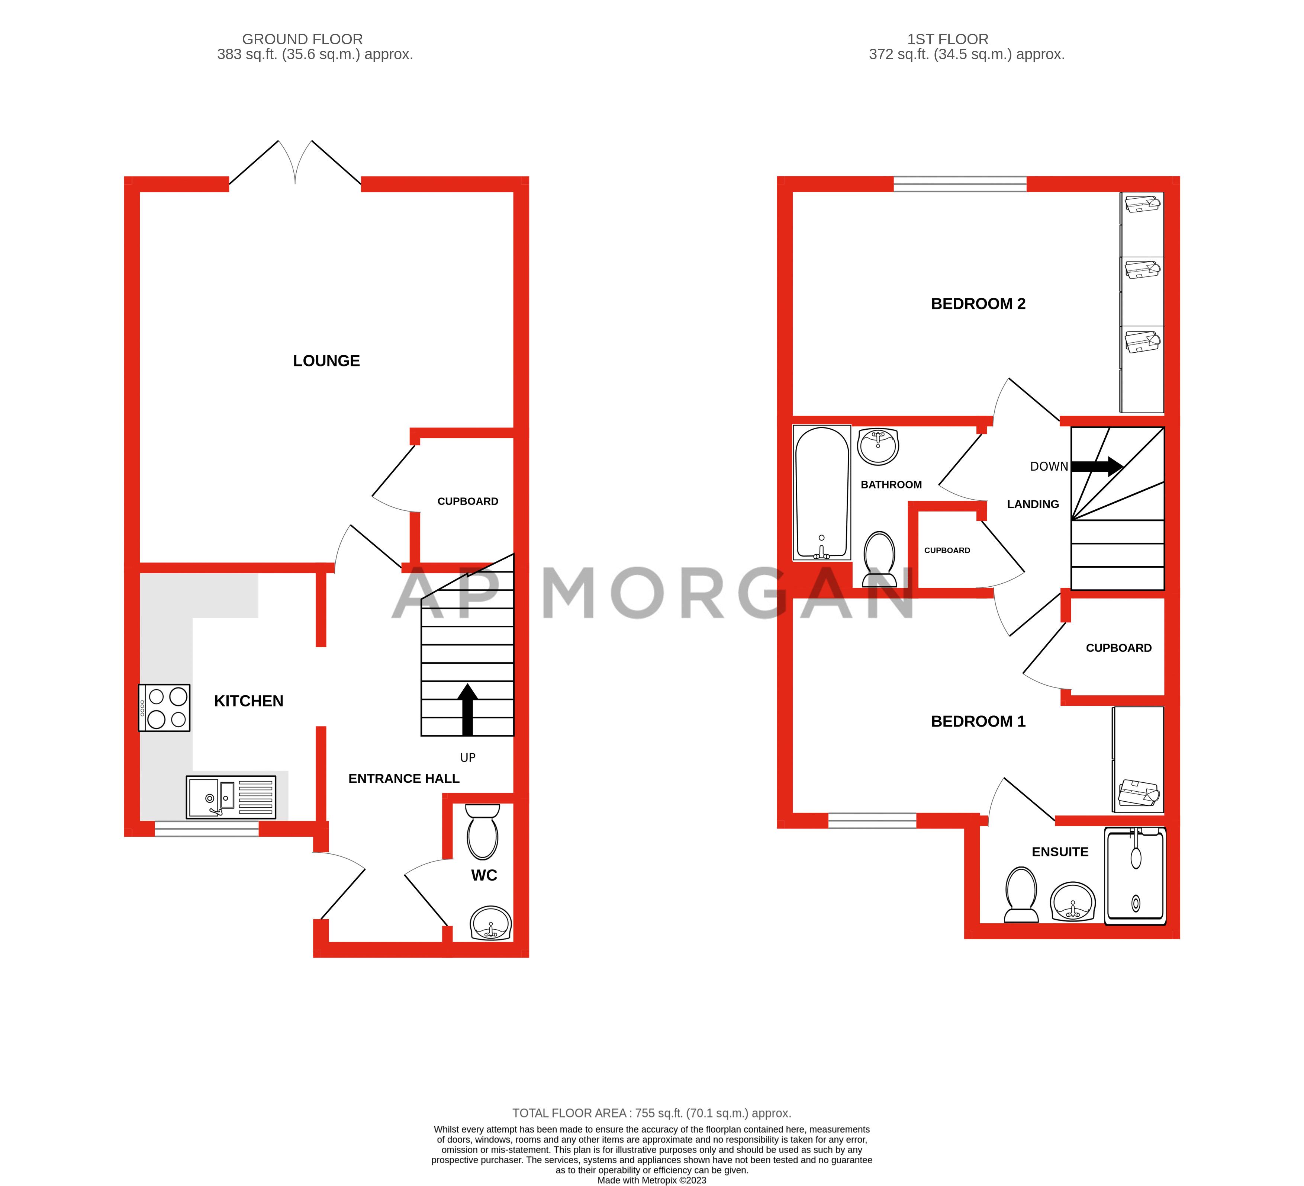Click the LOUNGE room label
point(326,361)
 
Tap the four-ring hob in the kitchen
point(164,708)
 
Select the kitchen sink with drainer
point(231,797)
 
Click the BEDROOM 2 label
point(978,304)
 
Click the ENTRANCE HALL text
point(404,779)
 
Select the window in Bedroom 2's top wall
point(960,185)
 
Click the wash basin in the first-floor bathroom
point(878,446)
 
